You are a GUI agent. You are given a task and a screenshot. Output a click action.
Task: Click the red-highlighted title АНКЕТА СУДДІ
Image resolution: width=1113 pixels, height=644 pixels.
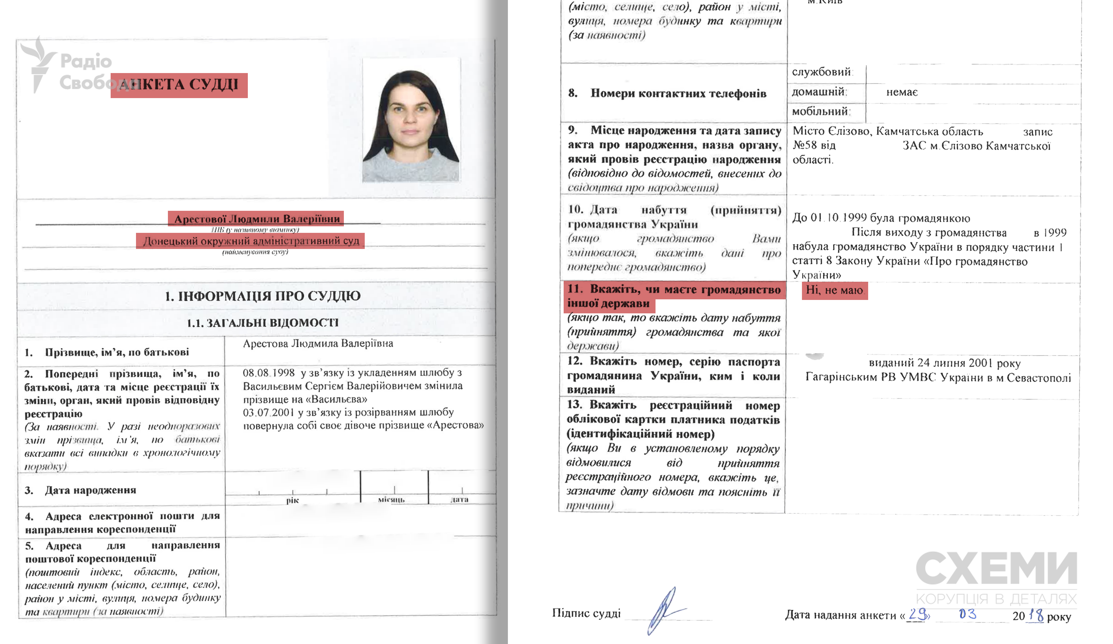click(x=179, y=85)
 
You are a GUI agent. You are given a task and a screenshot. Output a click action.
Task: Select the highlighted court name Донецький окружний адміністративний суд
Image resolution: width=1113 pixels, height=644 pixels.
click(x=251, y=241)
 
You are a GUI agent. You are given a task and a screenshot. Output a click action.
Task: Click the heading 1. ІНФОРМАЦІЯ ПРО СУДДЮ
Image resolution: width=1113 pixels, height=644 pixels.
click(x=263, y=296)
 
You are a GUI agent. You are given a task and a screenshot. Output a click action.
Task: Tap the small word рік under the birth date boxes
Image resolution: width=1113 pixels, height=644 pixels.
click(x=292, y=500)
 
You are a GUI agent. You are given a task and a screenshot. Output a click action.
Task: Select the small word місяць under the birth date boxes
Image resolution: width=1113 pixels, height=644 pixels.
click(x=391, y=500)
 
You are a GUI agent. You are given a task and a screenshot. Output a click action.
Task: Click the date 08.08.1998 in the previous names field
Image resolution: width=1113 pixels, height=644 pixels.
click(x=268, y=373)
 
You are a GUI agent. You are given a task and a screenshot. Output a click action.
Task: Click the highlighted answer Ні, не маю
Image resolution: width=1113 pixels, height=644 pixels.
click(x=834, y=290)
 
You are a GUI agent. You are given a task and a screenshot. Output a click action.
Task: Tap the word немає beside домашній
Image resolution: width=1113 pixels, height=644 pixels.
click(x=902, y=92)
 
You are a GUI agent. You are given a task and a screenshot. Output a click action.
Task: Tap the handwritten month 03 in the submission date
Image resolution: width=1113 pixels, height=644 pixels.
click(x=967, y=614)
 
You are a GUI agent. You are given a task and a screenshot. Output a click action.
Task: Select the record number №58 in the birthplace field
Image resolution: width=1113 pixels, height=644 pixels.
click(x=805, y=145)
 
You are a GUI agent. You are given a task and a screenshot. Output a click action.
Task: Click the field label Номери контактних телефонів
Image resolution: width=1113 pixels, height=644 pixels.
click(x=678, y=94)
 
